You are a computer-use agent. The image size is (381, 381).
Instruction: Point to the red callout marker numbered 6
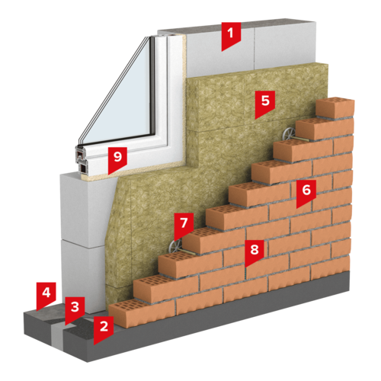[x=306, y=192]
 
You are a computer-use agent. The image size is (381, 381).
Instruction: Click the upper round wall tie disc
[x=289, y=133]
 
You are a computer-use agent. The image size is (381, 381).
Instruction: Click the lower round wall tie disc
[x=175, y=246]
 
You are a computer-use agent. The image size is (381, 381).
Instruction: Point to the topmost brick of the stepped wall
[x=335, y=107]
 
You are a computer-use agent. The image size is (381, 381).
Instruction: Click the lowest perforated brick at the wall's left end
[x=142, y=314]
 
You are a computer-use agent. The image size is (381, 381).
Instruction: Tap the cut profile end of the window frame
[x=81, y=160]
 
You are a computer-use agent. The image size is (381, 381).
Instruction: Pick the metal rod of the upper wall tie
[x=300, y=139]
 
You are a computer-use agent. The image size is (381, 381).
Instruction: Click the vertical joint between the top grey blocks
[x=254, y=47]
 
